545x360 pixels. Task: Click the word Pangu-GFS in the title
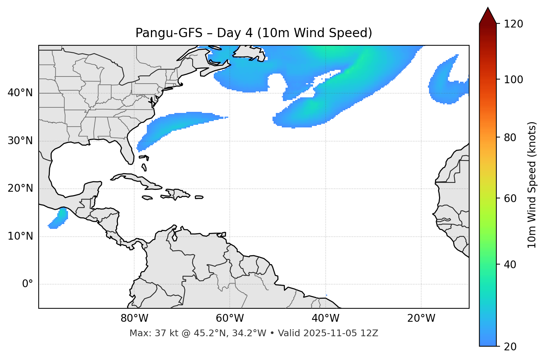(x=169, y=33)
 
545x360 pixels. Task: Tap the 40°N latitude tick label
(x=20, y=93)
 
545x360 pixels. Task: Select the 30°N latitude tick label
(x=20, y=141)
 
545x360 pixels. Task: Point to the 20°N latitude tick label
(x=20, y=189)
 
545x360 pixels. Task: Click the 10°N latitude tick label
(x=20, y=236)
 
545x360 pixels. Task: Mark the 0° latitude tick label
(x=28, y=284)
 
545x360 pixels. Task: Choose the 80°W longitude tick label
(x=134, y=318)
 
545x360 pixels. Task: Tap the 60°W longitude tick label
(x=230, y=318)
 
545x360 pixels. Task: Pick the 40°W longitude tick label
(x=325, y=318)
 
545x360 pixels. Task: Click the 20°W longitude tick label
(x=421, y=318)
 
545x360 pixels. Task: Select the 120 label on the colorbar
(x=513, y=24)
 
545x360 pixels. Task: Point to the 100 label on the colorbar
(x=513, y=80)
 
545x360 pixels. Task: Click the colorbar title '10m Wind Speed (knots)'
(x=532, y=185)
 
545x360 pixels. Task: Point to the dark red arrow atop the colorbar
(x=487, y=16)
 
